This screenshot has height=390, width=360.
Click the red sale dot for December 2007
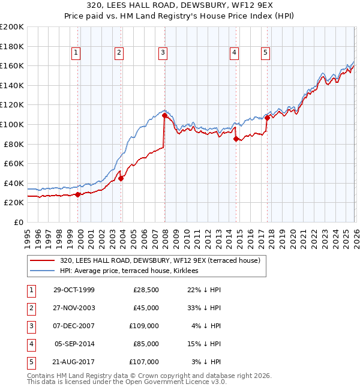point(164,116)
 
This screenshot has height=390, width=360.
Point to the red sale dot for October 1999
point(78,194)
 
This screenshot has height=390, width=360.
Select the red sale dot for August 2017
point(267,118)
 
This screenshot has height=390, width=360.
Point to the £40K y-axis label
point(14,183)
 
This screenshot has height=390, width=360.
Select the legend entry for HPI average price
point(133,271)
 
